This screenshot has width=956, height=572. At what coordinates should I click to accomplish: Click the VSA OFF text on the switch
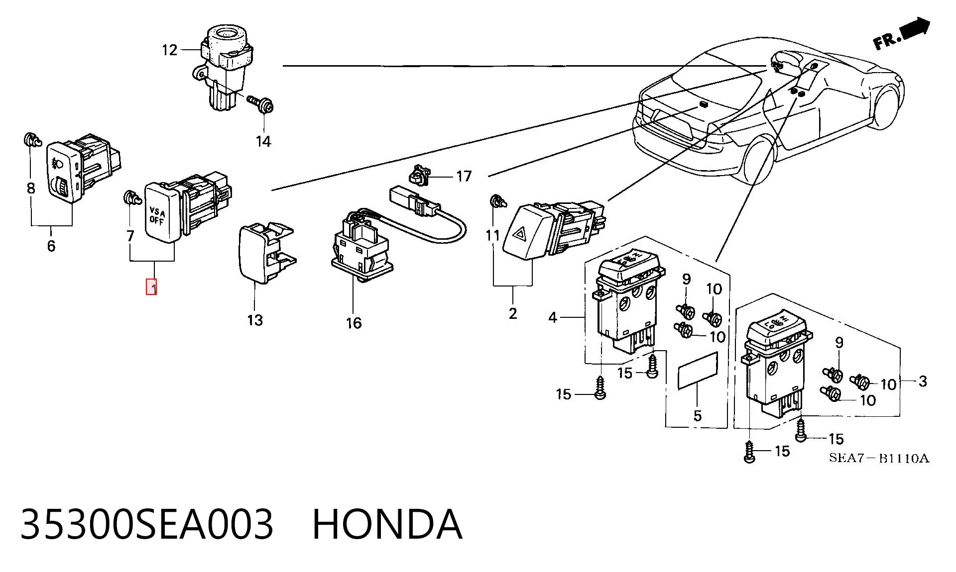pos(157,217)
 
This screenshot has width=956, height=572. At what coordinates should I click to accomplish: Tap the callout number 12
pos(169,50)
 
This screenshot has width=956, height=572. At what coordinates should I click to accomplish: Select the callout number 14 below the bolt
pos(263,142)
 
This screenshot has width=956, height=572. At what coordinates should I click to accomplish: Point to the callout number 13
pos(255,320)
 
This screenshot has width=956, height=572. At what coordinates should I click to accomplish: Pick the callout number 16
pos(354,323)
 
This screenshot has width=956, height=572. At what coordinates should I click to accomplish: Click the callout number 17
pos(464,176)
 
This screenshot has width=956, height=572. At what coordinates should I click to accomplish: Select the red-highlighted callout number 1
pos(151,287)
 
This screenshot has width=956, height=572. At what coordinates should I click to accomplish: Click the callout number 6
pos(51,246)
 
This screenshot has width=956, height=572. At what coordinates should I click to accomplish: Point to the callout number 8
pos(31,189)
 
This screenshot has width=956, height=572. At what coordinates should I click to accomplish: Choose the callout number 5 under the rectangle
pos(698,415)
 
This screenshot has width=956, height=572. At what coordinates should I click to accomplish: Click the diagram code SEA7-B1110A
pos(879,458)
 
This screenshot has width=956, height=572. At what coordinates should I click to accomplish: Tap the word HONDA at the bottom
pos(387,524)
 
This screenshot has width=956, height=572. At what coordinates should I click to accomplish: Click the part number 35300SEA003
pos(147,524)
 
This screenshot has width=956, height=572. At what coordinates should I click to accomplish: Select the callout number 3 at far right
pos(923,381)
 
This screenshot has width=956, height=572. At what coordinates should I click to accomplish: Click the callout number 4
pos(553,317)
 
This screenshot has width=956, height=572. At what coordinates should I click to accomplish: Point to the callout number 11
pos(492,235)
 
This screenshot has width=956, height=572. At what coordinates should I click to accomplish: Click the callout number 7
pos(130,235)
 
